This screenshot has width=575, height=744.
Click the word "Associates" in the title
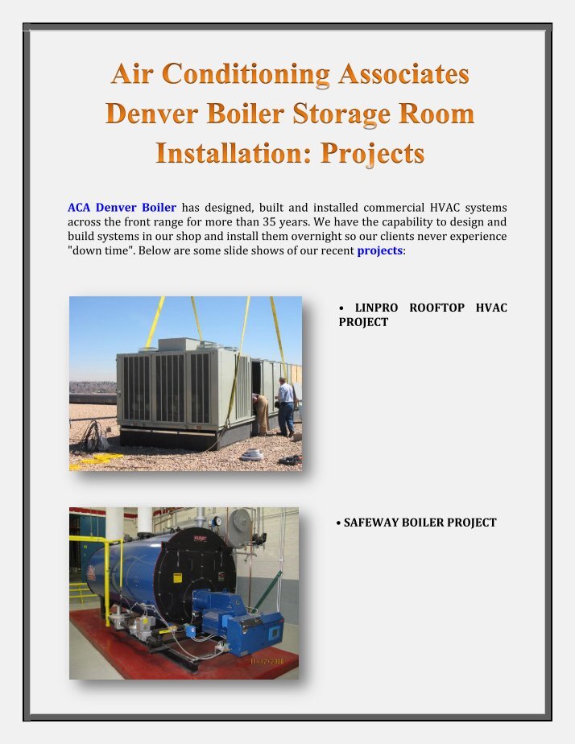[403, 74]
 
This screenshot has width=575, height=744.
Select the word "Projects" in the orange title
[372, 153]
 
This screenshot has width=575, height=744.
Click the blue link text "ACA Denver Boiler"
[122, 208]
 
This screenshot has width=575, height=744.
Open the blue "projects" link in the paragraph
[379, 251]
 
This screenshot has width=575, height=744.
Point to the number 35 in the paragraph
[269, 221]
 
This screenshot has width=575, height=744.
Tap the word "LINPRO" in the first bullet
[376, 308]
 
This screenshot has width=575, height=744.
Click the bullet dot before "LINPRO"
[341, 308]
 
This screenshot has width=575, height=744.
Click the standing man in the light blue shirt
[286, 407]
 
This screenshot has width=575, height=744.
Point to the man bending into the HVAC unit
[261, 414]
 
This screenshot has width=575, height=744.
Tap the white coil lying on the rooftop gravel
[252, 455]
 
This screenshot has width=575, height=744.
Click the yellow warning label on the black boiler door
[177, 577]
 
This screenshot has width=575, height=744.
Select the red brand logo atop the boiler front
[201, 538]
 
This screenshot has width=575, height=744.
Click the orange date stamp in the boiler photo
[267, 661]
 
